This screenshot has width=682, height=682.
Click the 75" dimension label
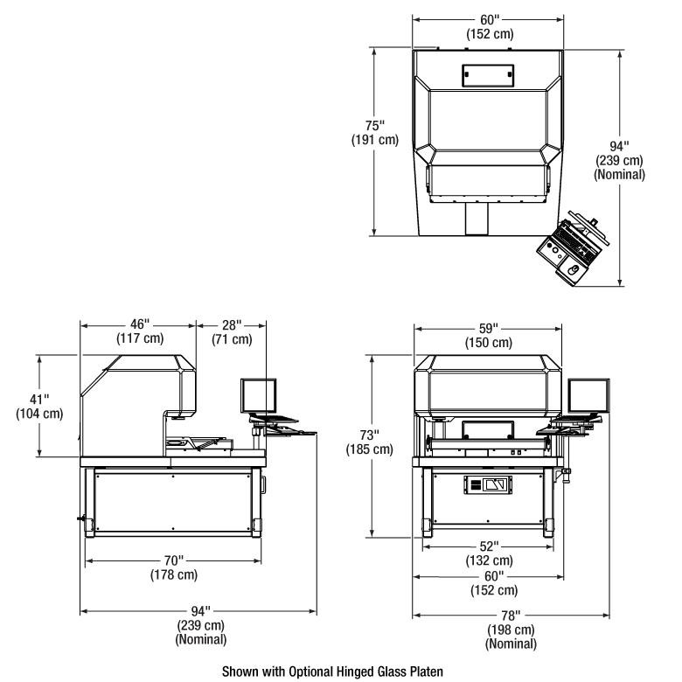coord(375,126)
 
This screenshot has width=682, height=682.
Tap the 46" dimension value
coord(140,324)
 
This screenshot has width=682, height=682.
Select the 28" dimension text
coord(232,325)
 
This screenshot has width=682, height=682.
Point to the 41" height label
coord(39,400)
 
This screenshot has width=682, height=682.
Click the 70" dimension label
coord(173,560)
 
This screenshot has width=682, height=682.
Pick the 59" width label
coord(489,329)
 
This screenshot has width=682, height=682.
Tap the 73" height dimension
coord(369,435)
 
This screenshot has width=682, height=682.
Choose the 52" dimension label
coord(490,546)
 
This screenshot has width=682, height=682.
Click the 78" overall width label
coord(511,616)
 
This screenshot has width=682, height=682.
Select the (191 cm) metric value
coord(375,140)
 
